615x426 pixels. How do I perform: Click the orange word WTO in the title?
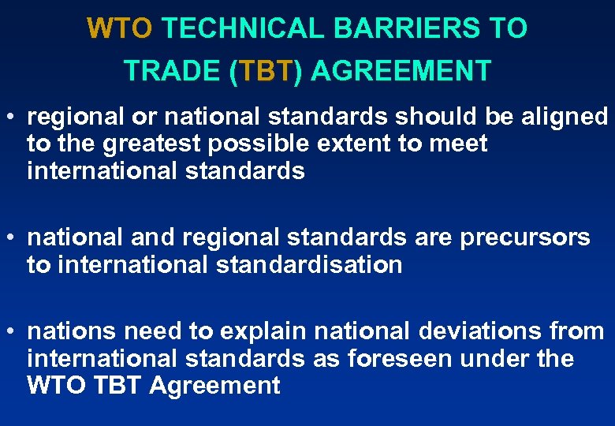coord(119,29)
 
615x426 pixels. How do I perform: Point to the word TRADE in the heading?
coord(172,71)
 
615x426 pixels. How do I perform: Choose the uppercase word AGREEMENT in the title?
coord(401,71)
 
